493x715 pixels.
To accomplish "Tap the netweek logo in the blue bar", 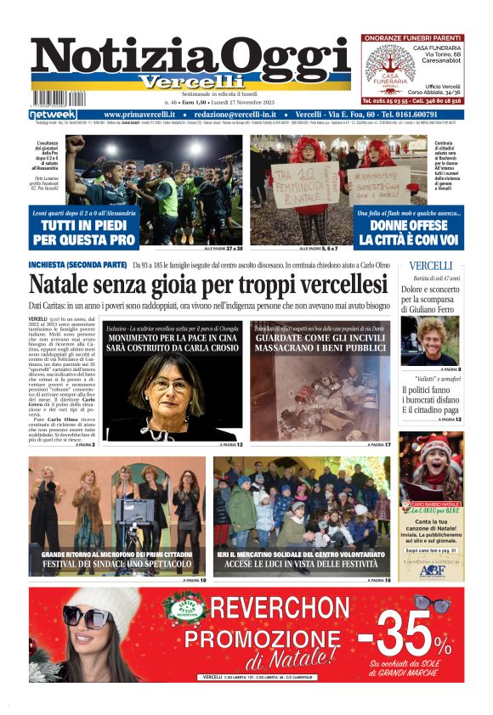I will tap(53, 114).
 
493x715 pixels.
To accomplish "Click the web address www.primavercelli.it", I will tap(139, 114).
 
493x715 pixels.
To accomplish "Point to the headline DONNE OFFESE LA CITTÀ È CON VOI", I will tap(410, 234).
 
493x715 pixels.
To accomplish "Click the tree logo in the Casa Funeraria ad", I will tap(388, 67).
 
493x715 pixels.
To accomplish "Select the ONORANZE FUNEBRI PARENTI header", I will tap(412, 38).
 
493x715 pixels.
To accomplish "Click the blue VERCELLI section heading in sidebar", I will tap(432, 267).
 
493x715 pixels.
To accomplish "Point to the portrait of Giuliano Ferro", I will tap(432, 340).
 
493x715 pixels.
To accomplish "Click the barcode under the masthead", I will tap(63, 98).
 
